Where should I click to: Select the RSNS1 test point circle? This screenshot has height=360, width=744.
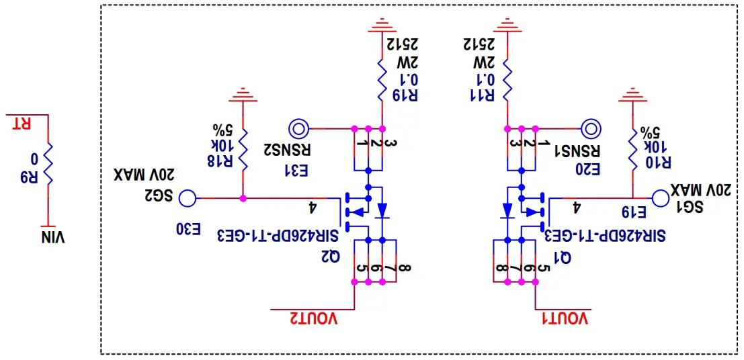tap(591, 128)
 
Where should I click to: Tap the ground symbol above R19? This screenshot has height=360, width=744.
tap(382, 26)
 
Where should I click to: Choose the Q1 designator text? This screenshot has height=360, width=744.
tap(563, 256)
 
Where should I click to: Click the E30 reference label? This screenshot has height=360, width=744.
tap(189, 229)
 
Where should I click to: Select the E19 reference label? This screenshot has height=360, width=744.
tap(634, 213)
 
